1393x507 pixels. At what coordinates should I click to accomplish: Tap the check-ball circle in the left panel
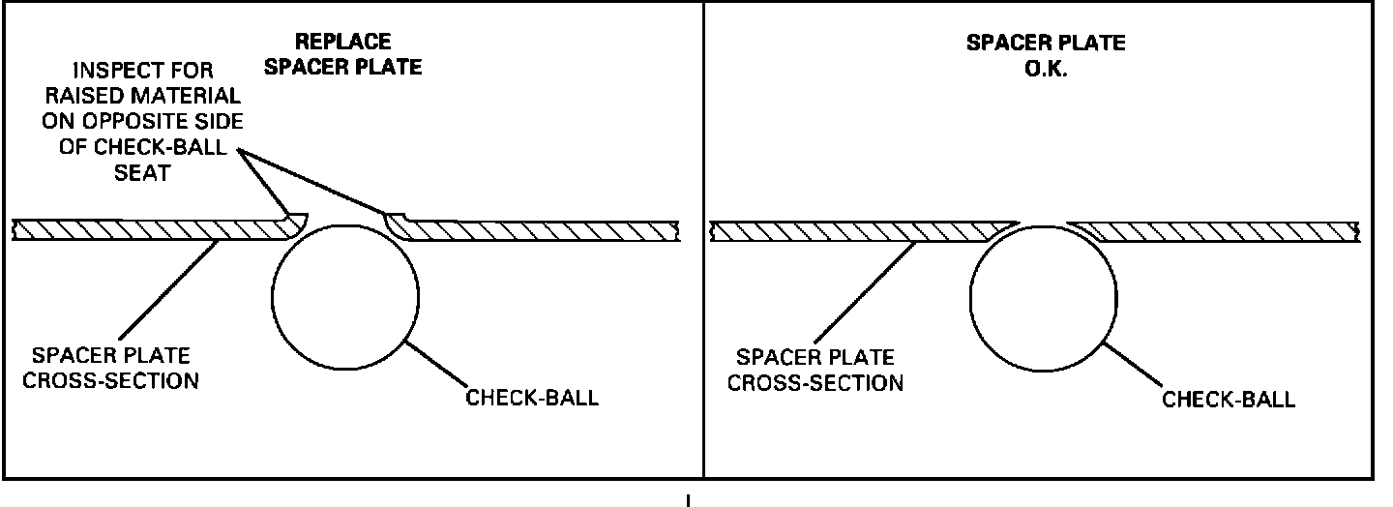click(x=345, y=295)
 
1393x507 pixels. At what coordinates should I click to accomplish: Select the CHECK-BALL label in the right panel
click(x=1228, y=400)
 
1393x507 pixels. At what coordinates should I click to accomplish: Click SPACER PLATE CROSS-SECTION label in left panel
click(x=115, y=368)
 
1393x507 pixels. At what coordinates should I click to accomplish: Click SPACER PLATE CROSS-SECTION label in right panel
click(x=815, y=371)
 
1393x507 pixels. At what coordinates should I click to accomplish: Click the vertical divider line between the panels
click(x=702, y=242)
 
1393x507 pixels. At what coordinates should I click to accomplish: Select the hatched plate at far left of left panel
click(x=58, y=229)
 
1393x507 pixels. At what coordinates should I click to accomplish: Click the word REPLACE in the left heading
click(x=343, y=42)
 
